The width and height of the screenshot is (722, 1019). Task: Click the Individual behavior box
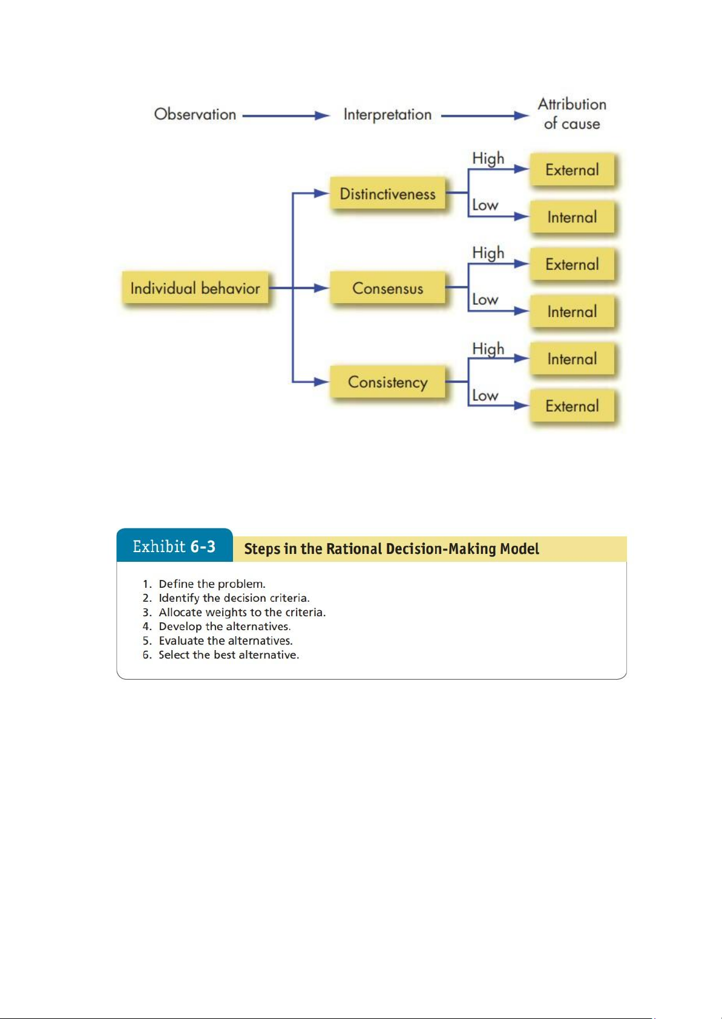tap(195, 288)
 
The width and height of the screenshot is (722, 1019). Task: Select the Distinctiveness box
tap(387, 194)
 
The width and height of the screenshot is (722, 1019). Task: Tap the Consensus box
tap(387, 288)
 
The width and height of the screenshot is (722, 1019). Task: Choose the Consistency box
tap(387, 382)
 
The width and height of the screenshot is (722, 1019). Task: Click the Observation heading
tap(195, 114)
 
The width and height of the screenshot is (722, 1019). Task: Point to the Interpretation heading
tap(387, 114)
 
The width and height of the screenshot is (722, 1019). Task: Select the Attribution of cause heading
tap(572, 114)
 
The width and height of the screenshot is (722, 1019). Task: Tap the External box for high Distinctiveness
tap(572, 170)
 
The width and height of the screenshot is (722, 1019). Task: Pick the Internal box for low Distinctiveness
tap(572, 217)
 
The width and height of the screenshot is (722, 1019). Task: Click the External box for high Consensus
tap(572, 264)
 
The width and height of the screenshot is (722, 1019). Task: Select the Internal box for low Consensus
tap(572, 311)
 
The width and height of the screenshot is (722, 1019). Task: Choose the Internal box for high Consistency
tap(572, 359)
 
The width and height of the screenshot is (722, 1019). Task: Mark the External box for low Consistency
tap(572, 406)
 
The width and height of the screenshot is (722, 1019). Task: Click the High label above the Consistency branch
tap(488, 349)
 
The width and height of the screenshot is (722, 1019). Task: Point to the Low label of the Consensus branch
tap(485, 300)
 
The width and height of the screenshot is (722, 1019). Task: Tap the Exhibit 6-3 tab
tap(174, 547)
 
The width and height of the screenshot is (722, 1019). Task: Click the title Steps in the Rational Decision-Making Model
tap(391, 549)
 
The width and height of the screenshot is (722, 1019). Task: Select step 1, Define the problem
tap(212, 584)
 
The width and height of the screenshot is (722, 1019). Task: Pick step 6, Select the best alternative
tap(228, 655)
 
